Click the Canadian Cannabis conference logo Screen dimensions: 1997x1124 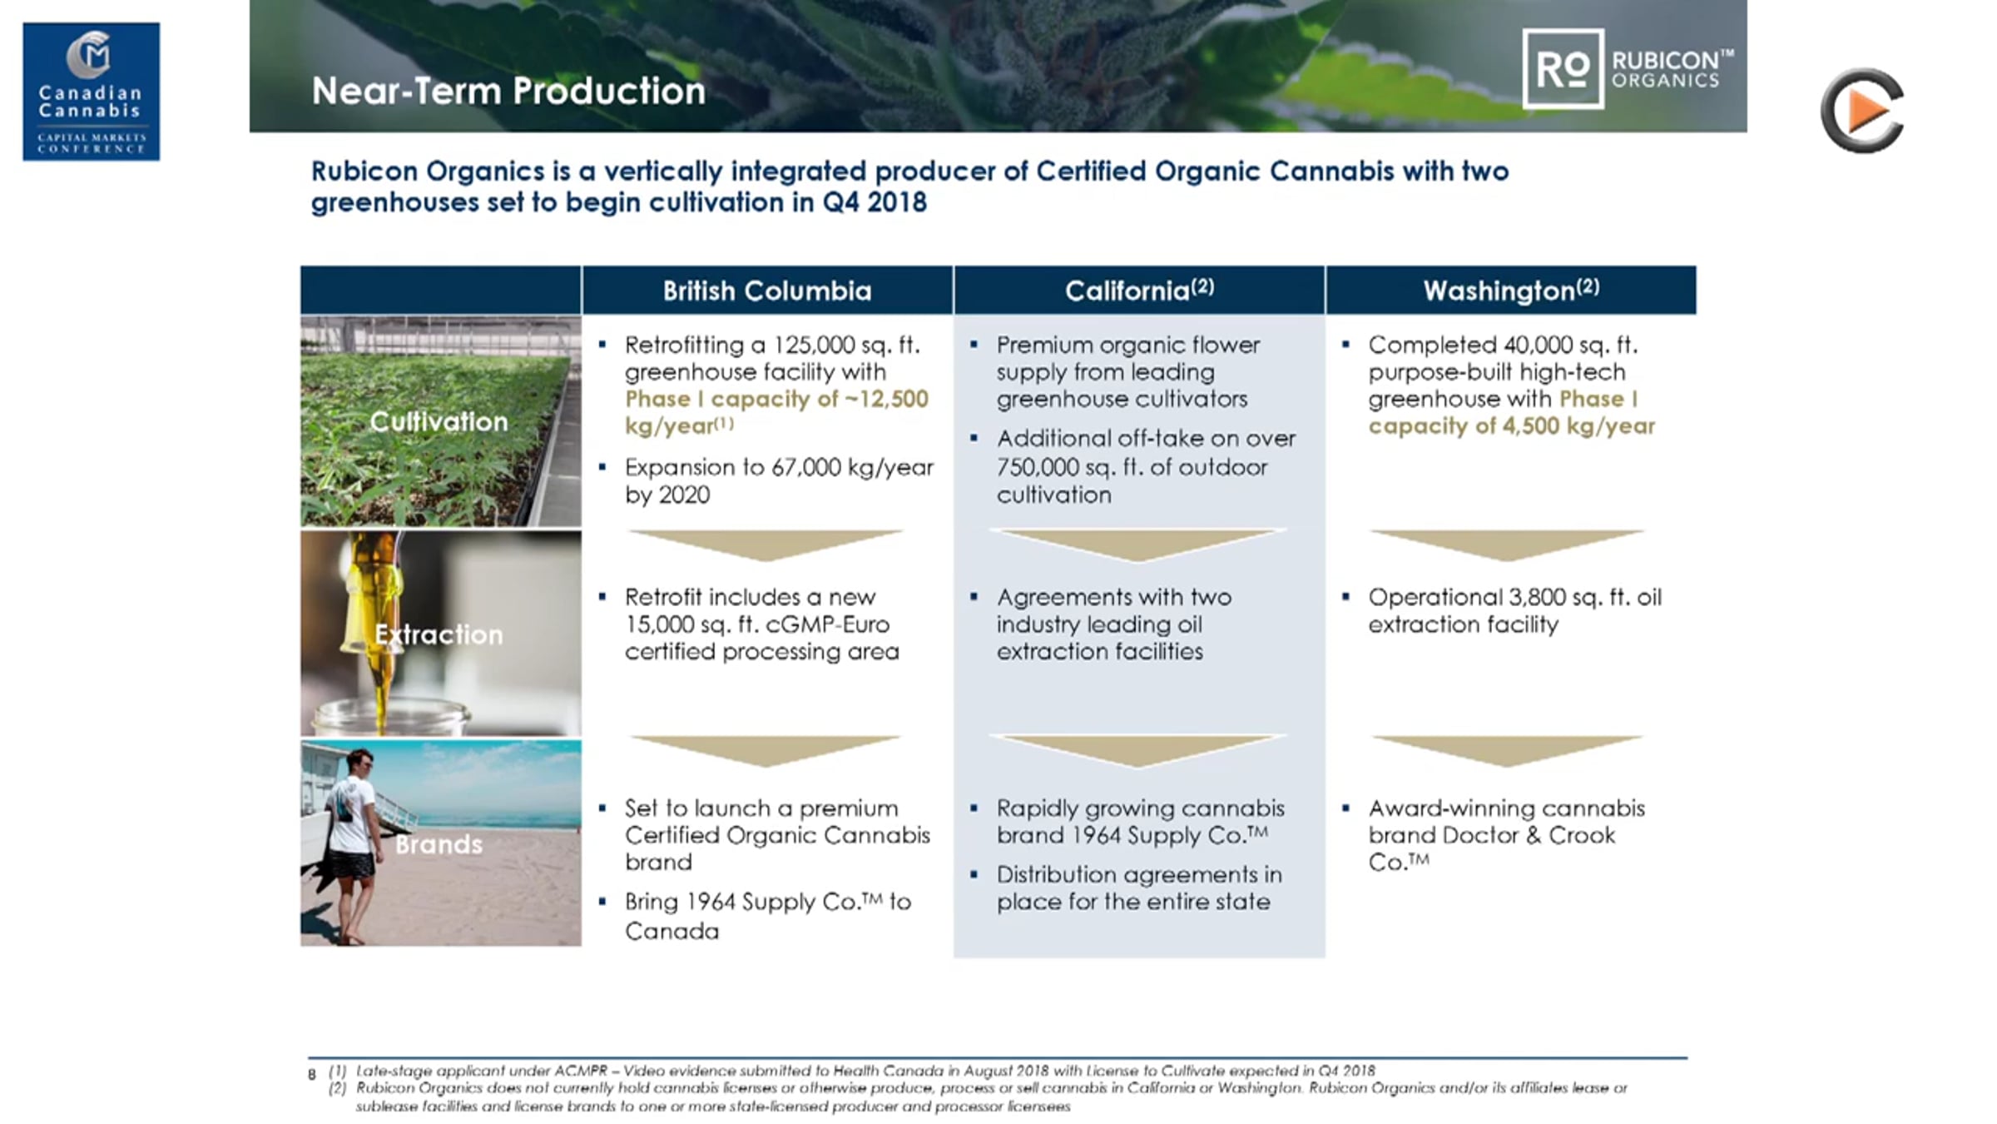tap(92, 92)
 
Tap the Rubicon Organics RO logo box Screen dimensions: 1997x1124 tap(1563, 69)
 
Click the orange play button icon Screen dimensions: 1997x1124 tap(1863, 111)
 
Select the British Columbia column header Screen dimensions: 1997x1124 tap(767, 291)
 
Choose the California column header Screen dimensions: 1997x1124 tap(1139, 290)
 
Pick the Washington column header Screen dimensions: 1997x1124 tap(1511, 290)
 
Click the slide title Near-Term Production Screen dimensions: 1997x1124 tap(508, 91)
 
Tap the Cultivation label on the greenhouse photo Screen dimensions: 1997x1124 tap(439, 421)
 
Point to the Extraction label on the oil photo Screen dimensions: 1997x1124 tap(439, 634)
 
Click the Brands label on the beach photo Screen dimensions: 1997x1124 tap(439, 844)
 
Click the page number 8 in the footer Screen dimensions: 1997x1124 tap(312, 1074)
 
